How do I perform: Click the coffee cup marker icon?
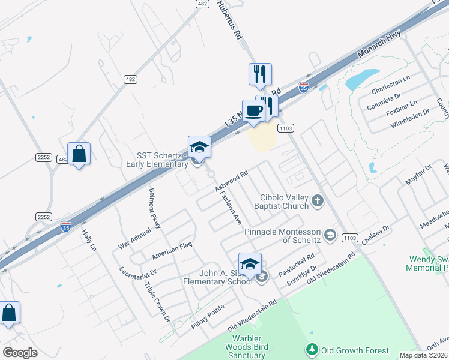253,110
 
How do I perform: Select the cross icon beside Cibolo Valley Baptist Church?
318,202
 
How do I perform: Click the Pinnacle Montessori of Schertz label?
283,236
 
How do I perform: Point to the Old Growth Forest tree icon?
311,349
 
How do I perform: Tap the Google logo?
20,352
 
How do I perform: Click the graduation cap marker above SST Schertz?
200,147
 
